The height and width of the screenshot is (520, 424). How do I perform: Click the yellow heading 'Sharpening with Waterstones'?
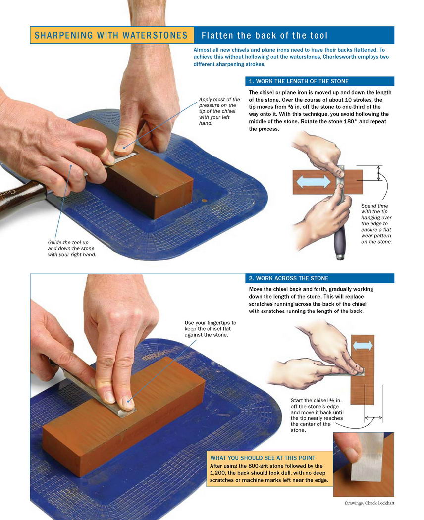(111, 35)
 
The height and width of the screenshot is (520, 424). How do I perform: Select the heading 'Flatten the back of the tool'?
(265, 35)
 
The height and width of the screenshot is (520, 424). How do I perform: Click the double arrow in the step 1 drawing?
(313, 182)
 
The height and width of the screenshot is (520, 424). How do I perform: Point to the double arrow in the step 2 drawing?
(363, 346)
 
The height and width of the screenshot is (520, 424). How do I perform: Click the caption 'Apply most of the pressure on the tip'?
(219, 111)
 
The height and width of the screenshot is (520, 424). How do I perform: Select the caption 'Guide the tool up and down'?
(72, 249)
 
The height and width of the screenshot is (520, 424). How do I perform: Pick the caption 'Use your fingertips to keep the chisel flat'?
(211, 329)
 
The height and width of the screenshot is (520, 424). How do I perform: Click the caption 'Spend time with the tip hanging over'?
(376, 223)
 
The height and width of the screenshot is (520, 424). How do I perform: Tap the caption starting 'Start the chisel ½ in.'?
(317, 415)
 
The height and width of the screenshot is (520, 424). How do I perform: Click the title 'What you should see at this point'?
(263, 458)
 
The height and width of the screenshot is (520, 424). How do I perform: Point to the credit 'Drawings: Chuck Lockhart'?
(370, 503)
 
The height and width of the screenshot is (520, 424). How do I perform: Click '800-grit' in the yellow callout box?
(261, 466)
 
